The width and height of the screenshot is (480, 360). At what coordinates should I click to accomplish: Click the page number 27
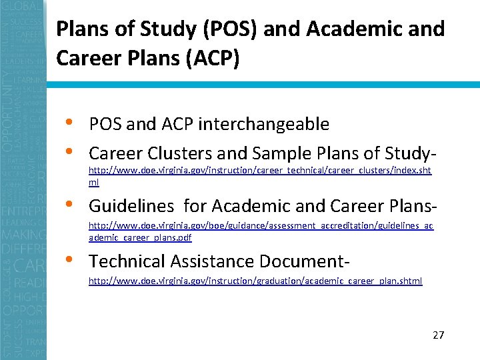point(438,335)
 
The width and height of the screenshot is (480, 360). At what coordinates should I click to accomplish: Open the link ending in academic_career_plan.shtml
point(255,281)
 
